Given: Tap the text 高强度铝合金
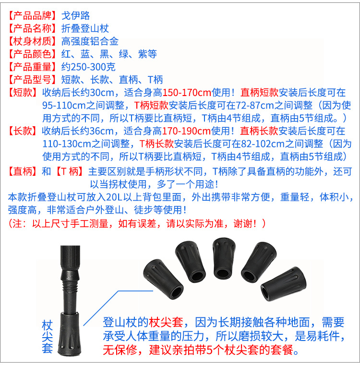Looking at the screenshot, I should tap(90, 41).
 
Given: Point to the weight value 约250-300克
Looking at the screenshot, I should tap(88, 67).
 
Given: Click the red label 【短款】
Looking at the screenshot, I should tap(23, 93).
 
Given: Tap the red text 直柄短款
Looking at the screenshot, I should tap(259, 93).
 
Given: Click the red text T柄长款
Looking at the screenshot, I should tap(156, 144).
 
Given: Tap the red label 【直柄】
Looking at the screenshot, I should tap(23, 170).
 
